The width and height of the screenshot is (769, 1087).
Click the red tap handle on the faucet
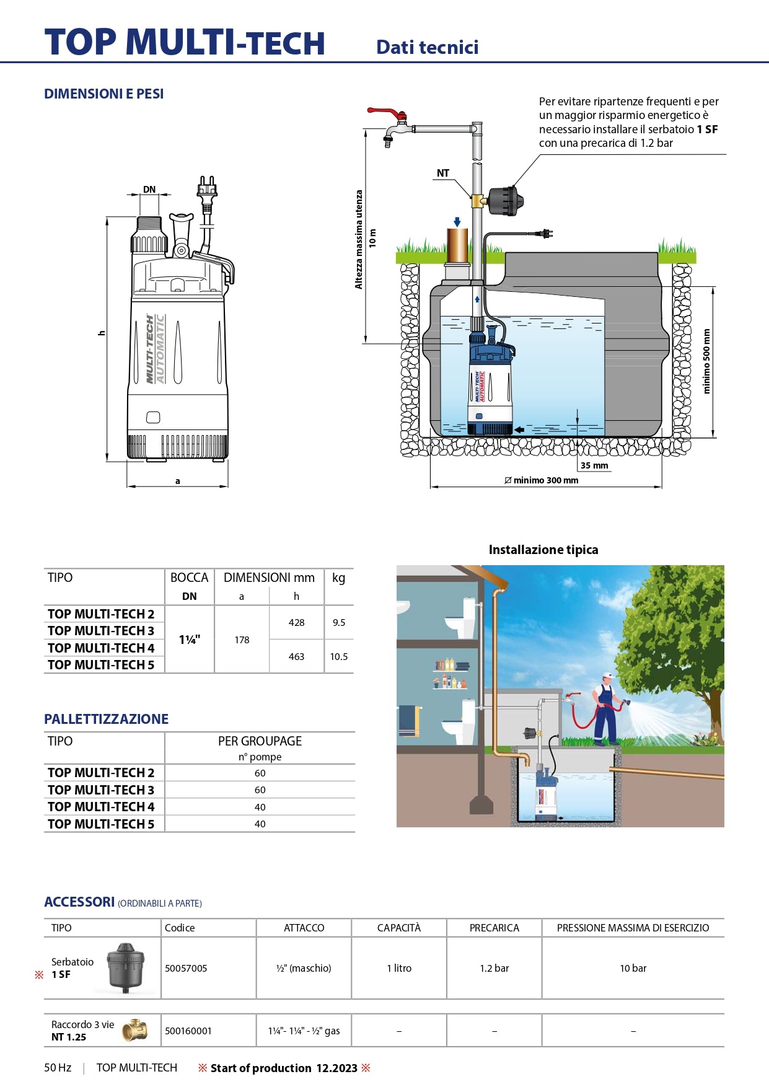(x=386, y=113)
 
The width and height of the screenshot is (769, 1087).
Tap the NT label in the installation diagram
(x=442, y=173)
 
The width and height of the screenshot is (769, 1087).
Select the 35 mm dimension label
(x=594, y=465)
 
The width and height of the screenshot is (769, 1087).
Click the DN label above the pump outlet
(x=149, y=190)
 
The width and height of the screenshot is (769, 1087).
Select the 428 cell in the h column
(x=296, y=622)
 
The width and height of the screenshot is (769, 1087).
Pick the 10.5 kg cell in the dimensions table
(x=338, y=656)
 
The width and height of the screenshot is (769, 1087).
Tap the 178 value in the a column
(x=242, y=640)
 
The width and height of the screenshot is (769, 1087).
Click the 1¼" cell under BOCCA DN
(x=189, y=640)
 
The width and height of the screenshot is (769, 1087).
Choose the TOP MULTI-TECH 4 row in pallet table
(x=101, y=807)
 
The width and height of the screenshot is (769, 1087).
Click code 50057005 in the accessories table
(x=186, y=968)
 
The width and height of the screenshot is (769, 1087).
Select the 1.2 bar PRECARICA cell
(x=494, y=968)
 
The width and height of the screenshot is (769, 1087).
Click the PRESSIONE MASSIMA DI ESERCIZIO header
(x=633, y=928)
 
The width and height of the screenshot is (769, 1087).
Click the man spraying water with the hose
(x=606, y=710)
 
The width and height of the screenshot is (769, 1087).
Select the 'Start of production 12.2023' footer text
(x=284, y=1068)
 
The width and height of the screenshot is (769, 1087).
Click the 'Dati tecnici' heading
(x=427, y=47)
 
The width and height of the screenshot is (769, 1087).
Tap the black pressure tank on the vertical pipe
(x=506, y=201)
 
